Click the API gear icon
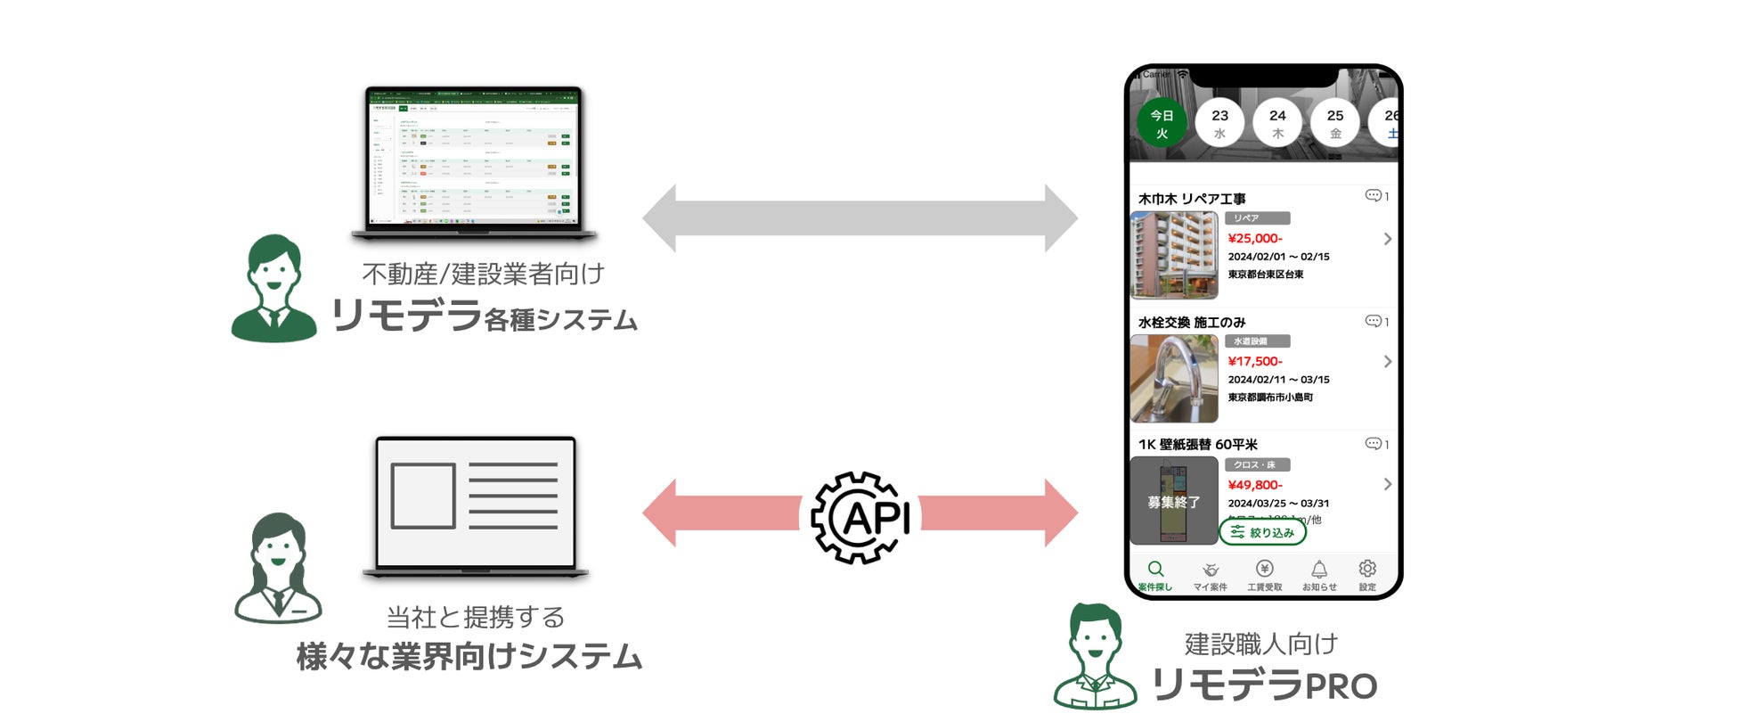[x=860, y=517]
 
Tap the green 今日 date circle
[x=1162, y=123]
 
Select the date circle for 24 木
[x=1277, y=123]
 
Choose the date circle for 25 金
[x=1334, y=123]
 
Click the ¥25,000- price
[x=1255, y=238]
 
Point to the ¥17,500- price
[x=1255, y=361]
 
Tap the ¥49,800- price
[x=1255, y=485]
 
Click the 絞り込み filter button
[x=1262, y=532]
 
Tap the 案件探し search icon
[x=1155, y=570]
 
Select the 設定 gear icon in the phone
[x=1367, y=569]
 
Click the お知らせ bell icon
[x=1319, y=569]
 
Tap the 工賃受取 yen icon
[x=1264, y=569]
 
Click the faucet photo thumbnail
[x=1174, y=379]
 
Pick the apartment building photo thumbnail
[x=1174, y=256]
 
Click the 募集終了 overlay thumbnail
[x=1174, y=501]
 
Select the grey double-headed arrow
[x=860, y=218]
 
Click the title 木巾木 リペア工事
[x=1192, y=199]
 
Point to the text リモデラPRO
[x=1264, y=685]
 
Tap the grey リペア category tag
[x=1257, y=218]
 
